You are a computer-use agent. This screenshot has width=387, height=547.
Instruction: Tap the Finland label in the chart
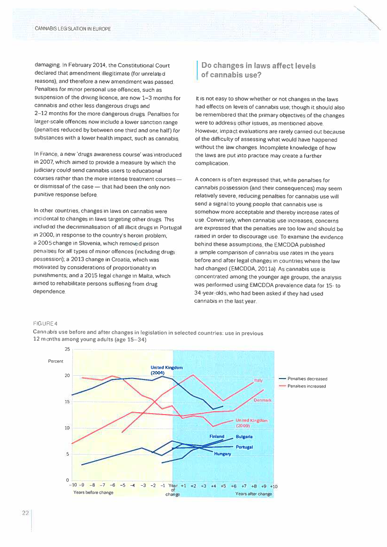coord(217,436)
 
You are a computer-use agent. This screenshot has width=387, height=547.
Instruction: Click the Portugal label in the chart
coord(244,447)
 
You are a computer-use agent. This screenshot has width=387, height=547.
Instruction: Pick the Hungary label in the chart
coord(222,454)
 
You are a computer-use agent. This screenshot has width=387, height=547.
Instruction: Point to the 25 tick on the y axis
coord(67,349)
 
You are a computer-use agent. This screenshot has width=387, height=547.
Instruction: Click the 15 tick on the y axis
coord(67,401)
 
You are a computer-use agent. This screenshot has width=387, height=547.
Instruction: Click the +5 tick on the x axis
coord(223,486)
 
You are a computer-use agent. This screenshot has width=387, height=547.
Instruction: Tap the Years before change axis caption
coord(93,493)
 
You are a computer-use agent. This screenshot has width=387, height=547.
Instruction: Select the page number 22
coord(25,513)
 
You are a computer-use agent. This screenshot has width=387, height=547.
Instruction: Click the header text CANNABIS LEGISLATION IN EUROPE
coord(73,29)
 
